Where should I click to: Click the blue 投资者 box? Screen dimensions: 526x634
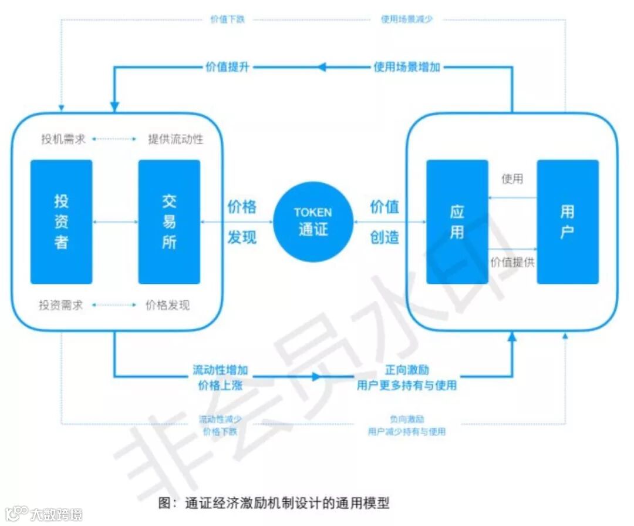click(62, 222)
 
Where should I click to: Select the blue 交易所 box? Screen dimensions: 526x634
click(169, 222)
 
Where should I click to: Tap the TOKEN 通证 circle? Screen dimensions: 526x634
click(313, 222)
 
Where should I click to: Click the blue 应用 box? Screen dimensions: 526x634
click(457, 222)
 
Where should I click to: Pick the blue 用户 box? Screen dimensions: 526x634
click(567, 222)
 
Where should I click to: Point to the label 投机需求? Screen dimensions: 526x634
click(63, 139)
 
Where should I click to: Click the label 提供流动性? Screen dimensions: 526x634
click(176, 139)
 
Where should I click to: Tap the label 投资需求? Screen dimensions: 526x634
click(61, 305)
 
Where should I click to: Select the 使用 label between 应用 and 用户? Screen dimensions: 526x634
click(512, 179)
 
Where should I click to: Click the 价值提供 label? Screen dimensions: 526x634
click(512, 262)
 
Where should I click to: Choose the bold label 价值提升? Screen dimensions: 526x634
click(227, 67)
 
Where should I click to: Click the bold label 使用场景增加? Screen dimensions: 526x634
click(407, 67)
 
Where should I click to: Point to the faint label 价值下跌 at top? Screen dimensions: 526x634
click(227, 19)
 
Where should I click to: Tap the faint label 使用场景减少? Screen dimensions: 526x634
click(407, 19)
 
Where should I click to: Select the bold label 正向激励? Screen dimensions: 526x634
click(407, 370)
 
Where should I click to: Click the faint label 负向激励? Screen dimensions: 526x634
click(407, 419)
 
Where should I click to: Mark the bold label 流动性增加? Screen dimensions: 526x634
click(220, 370)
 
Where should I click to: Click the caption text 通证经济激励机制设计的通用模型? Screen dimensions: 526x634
click(287, 503)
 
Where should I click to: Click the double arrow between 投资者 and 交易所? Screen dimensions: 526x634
click(115, 222)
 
